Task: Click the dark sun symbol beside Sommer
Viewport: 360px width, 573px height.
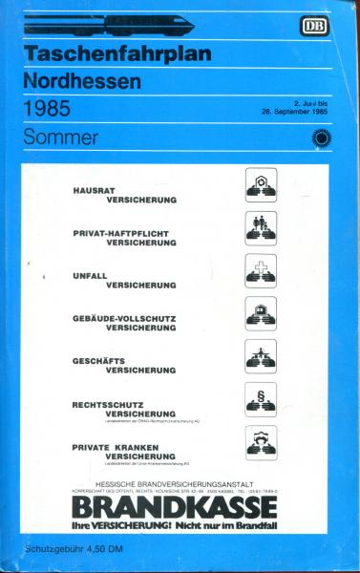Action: coord(316,137)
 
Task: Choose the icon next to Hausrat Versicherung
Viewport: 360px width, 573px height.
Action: coord(261,184)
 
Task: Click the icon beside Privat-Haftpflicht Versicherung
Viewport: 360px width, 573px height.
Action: coord(261,228)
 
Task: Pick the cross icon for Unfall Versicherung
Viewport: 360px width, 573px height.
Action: coord(261,271)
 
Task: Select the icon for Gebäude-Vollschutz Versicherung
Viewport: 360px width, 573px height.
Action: coord(261,312)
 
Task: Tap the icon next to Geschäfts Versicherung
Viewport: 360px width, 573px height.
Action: coord(261,355)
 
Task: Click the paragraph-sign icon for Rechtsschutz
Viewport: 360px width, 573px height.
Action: coord(261,398)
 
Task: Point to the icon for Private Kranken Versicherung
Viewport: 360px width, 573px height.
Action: coord(261,442)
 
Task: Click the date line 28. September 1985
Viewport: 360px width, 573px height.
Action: coord(293,112)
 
